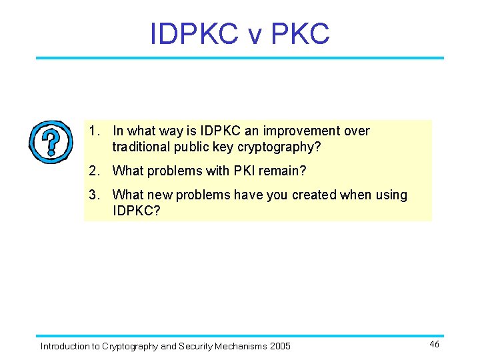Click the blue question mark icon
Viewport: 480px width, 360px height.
(x=50, y=141)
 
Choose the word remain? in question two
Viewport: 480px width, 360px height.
(x=283, y=171)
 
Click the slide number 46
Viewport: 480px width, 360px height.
(x=434, y=344)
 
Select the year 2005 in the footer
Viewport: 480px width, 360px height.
(x=280, y=346)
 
